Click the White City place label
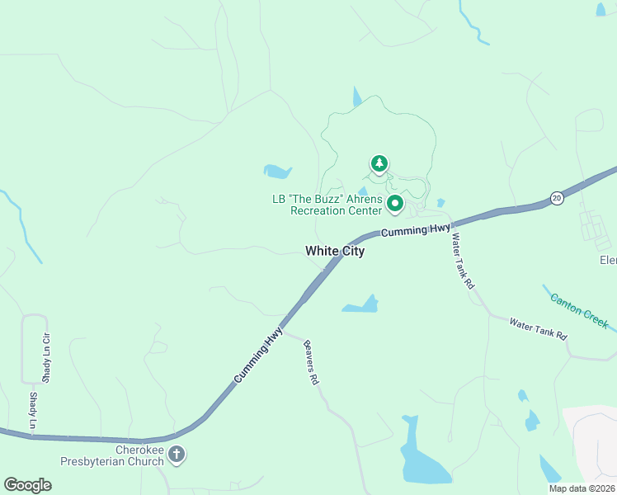(334, 251)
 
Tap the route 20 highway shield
(557, 198)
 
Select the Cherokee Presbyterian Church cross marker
(177, 453)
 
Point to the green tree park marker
(379, 163)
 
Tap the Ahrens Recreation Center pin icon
(395, 202)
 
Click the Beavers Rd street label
(311, 363)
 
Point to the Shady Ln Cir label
(47, 357)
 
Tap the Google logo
(28, 484)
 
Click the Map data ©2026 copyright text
(582, 488)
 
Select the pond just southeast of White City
(362, 306)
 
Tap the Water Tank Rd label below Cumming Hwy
(462, 261)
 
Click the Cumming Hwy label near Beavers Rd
(258, 354)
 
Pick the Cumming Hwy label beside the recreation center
(416, 229)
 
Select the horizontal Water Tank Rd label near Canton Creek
(538, 328)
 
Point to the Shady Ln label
(34, 410)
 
